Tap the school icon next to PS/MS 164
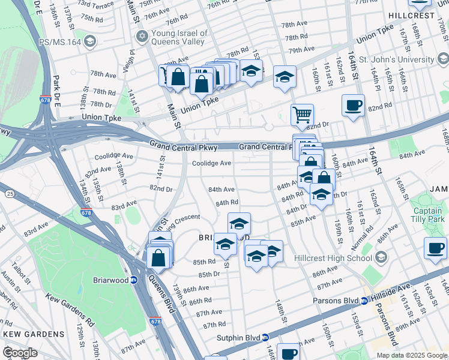(x=90, y=41)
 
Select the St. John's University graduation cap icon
(x=443, y=59)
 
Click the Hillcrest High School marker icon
(x=381, y=258)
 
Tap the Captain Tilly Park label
(x=430, y=214)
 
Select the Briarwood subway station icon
(x=134, y=280)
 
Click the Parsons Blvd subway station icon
(x=364, y=301)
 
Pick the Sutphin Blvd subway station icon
(x=265, y=337)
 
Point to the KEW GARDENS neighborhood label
(x=33, y=334)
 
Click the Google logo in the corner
(x=20, y=353)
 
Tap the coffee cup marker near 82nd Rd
(x=353, y=106)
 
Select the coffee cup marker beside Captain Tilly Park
(x=435, y=248)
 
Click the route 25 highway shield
(x=10, y=193)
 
